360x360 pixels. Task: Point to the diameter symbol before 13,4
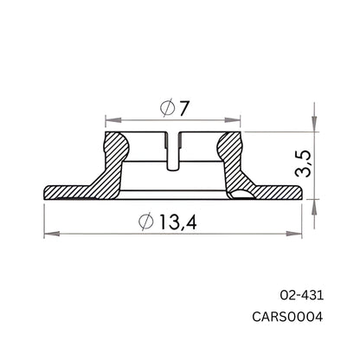point(146,222)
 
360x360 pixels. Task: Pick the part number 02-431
point(300,294)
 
